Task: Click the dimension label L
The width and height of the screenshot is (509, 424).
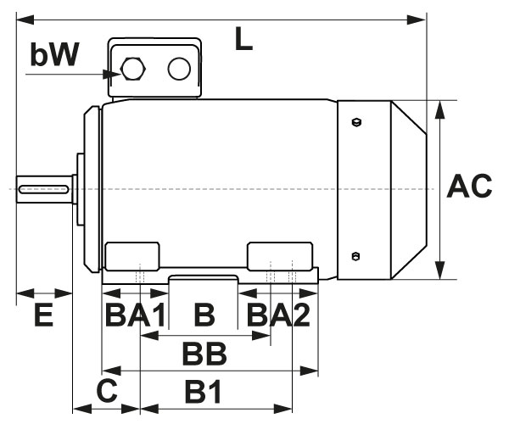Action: tap(243, 39)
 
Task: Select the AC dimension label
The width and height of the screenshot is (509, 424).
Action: tap(469, 187)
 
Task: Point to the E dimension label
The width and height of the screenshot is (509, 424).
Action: tap(43, 316)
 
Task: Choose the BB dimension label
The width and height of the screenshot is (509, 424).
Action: tap(204, 352)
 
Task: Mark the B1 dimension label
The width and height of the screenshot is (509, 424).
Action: tap(203, 391)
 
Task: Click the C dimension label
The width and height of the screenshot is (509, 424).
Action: tap(106, 391)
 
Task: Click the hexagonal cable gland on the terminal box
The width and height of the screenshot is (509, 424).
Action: tap(132, 69)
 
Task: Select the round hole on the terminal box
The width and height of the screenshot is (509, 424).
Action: tap(178, 69)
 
